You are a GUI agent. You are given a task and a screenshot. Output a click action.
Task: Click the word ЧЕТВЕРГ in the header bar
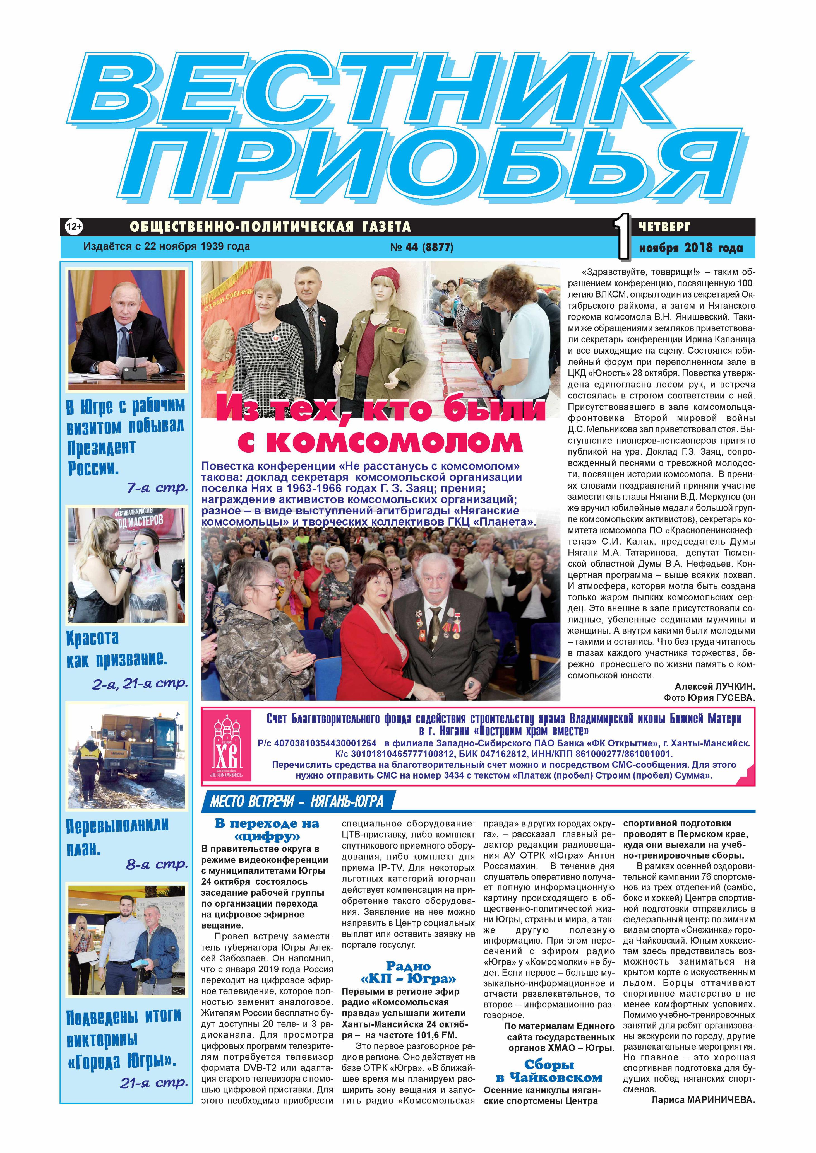pos(664,227)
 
